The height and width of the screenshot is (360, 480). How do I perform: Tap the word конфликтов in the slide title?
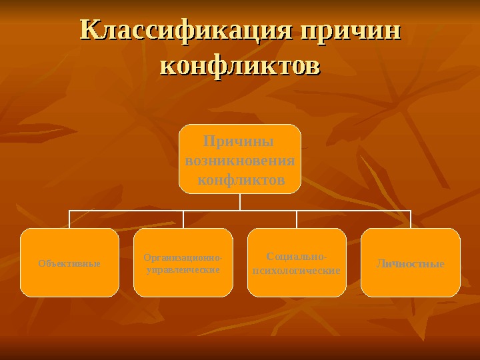240,67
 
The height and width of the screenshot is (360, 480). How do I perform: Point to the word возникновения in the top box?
240,161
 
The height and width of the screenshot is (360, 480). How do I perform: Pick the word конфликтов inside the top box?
241,179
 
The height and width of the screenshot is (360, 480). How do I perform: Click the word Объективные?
69,263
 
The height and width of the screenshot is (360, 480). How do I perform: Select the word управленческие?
183,270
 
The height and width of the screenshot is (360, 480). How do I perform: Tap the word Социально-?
297,256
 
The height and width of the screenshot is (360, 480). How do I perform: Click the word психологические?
297,271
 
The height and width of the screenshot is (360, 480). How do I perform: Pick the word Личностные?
411,263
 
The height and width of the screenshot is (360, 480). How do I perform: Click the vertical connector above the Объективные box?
69,219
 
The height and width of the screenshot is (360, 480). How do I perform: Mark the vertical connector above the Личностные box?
411,219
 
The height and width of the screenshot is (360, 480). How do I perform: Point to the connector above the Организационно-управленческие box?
183,219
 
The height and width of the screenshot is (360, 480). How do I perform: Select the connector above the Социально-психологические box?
297,219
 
